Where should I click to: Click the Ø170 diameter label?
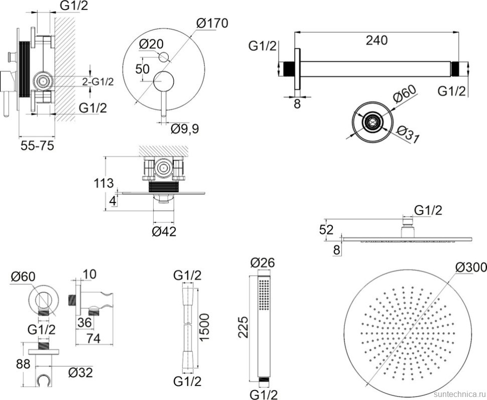pos(212,23)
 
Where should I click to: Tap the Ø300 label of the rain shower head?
pos(471,267)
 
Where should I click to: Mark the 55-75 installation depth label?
pos(37,146)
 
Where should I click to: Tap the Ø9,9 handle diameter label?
pos(185,129)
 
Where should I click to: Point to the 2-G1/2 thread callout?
pos(98,81)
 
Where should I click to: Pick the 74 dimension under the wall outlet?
pos(94,338)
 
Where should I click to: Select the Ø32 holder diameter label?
pos(80,372)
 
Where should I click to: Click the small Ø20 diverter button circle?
pos(164,57)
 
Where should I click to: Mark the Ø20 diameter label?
pos(151,44)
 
